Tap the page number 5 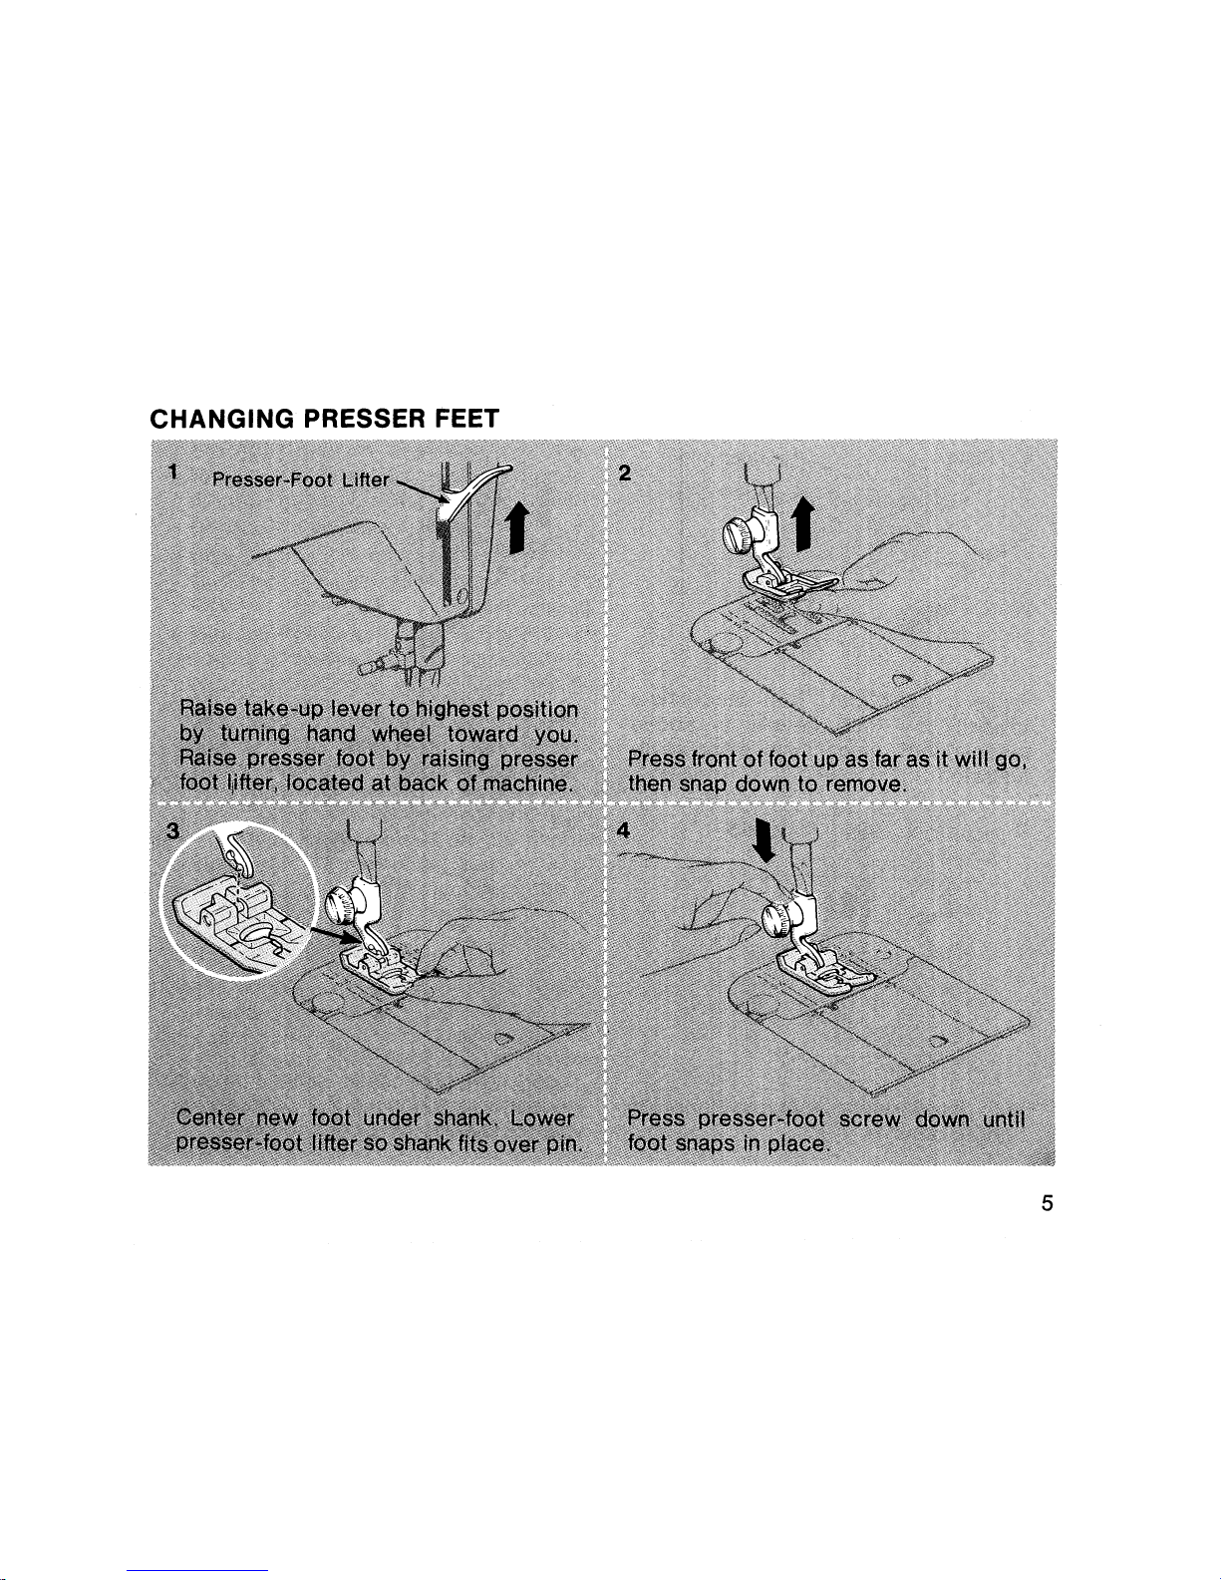click(1047, 1203)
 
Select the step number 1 click(173, 472)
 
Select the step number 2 click(624, 473)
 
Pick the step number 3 click(173, 830)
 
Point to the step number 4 click(624, 829)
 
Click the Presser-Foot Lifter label click(301, 479)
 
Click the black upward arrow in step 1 click(516, 529)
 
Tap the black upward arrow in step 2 click(802, 523)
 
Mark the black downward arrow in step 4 click(763, 839)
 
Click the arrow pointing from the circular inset click(335, 936)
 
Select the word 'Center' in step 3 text click(210, 1117)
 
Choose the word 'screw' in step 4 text click(869, 1119)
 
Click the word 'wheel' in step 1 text click(404, 734)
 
